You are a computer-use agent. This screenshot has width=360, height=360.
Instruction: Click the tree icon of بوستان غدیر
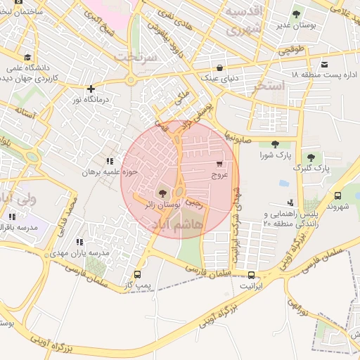pos(296,13)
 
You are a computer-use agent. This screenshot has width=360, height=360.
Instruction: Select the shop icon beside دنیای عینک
pos(220,68)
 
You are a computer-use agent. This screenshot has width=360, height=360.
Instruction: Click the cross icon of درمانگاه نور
pos(91,89)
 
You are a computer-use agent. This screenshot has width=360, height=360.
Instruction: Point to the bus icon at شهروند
pos(338,196)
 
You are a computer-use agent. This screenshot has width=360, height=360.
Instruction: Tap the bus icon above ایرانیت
pos(251,275)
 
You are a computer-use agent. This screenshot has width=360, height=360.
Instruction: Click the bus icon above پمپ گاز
pos(137,275)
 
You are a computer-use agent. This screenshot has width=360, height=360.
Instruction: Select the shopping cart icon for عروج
pos(221,164)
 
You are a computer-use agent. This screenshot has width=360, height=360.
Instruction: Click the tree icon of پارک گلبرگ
pos(311,157)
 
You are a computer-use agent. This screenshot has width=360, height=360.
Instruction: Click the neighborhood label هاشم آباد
pos(176,224)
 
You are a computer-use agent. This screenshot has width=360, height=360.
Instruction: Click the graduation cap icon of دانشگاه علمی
pos(27,58)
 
